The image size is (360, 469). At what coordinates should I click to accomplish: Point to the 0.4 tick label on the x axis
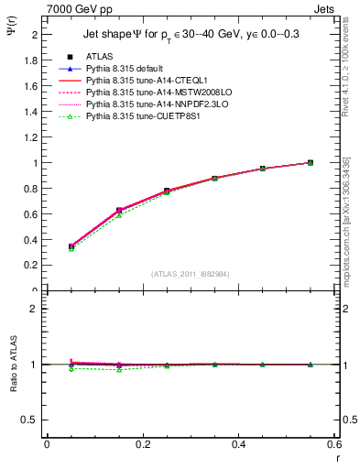coord(238,444)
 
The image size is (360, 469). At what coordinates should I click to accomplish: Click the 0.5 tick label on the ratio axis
coord(31,420)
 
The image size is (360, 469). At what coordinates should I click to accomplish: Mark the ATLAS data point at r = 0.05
coord(71,246)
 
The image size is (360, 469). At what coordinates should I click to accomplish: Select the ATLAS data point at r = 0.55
coord(311,163)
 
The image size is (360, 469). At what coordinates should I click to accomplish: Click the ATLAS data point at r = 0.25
coord(167,191)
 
